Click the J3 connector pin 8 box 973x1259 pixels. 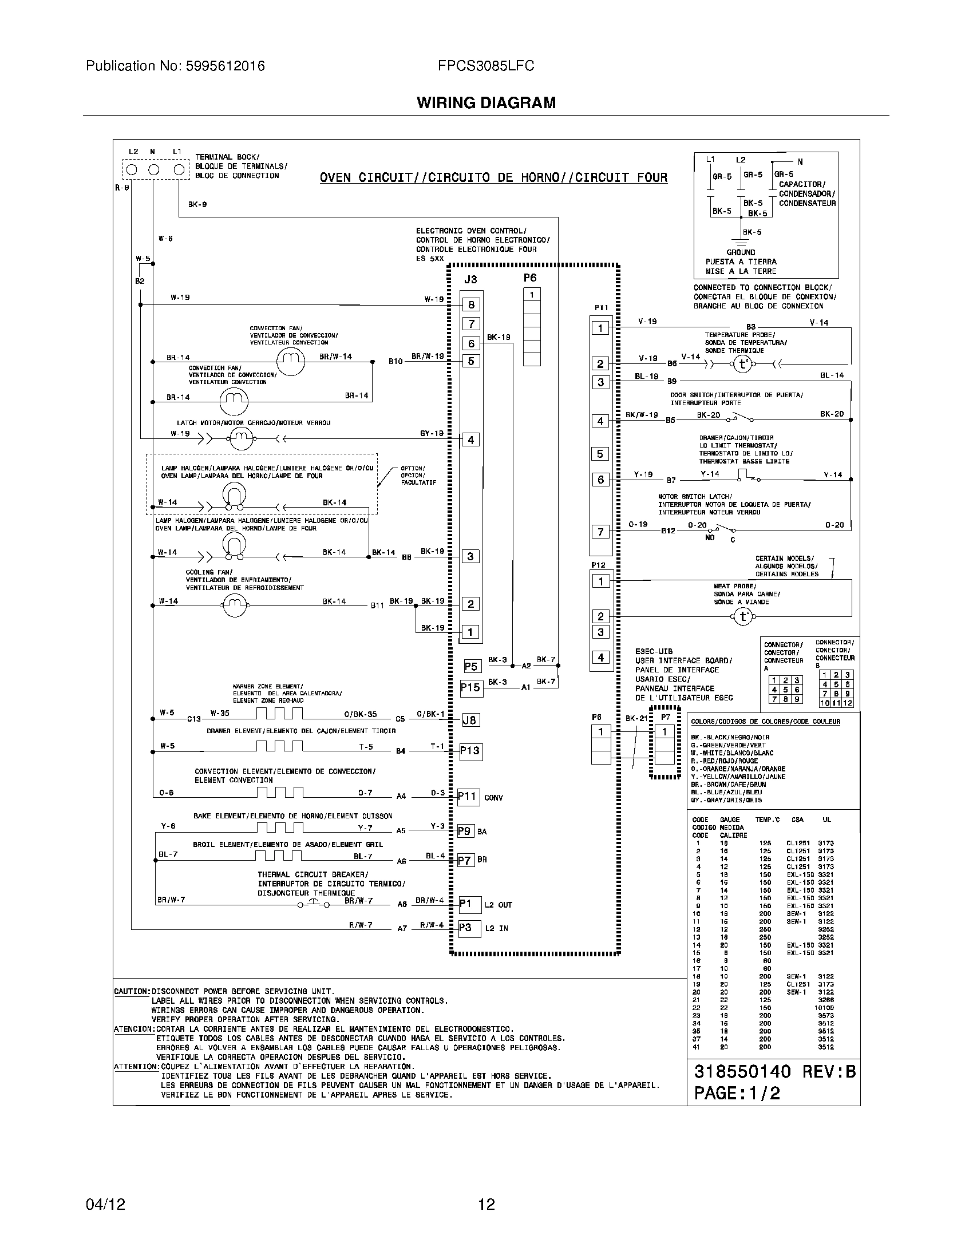point(471,305)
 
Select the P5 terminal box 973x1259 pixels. point(471,666)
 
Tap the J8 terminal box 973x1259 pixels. point(470,720)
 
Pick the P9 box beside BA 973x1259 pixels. point(465,832)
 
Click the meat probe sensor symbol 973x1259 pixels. point(743,617)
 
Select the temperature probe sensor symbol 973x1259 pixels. point(742,365)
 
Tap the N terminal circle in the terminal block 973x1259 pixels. point(153,169)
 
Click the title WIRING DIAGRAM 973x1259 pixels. point(486,102)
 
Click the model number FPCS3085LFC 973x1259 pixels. point(486,66)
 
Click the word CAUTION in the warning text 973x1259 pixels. point(132,992)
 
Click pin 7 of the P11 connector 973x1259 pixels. point(600,532)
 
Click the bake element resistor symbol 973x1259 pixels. point(279,828)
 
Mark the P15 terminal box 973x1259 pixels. point(470,688)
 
